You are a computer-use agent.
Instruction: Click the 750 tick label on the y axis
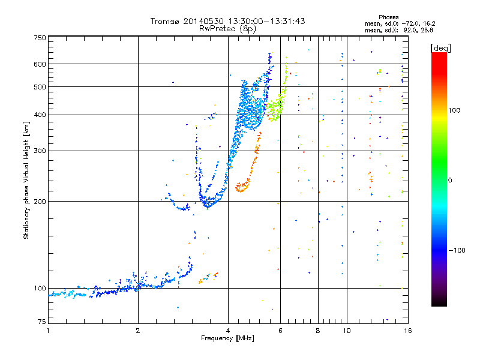tap(39, 38)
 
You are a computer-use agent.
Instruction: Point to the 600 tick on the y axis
tap(39, 64)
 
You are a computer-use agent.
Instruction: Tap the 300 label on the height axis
tap(39, 151)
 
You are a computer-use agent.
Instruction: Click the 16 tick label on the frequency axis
tap(406, 331)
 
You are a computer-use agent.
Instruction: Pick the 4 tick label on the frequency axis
tap(228, 331)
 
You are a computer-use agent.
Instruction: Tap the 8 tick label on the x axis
tap(318, 331)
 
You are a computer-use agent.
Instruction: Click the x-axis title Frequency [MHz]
tap(227, 338)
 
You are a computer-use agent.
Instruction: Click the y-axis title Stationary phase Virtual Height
tap(26, 181)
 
